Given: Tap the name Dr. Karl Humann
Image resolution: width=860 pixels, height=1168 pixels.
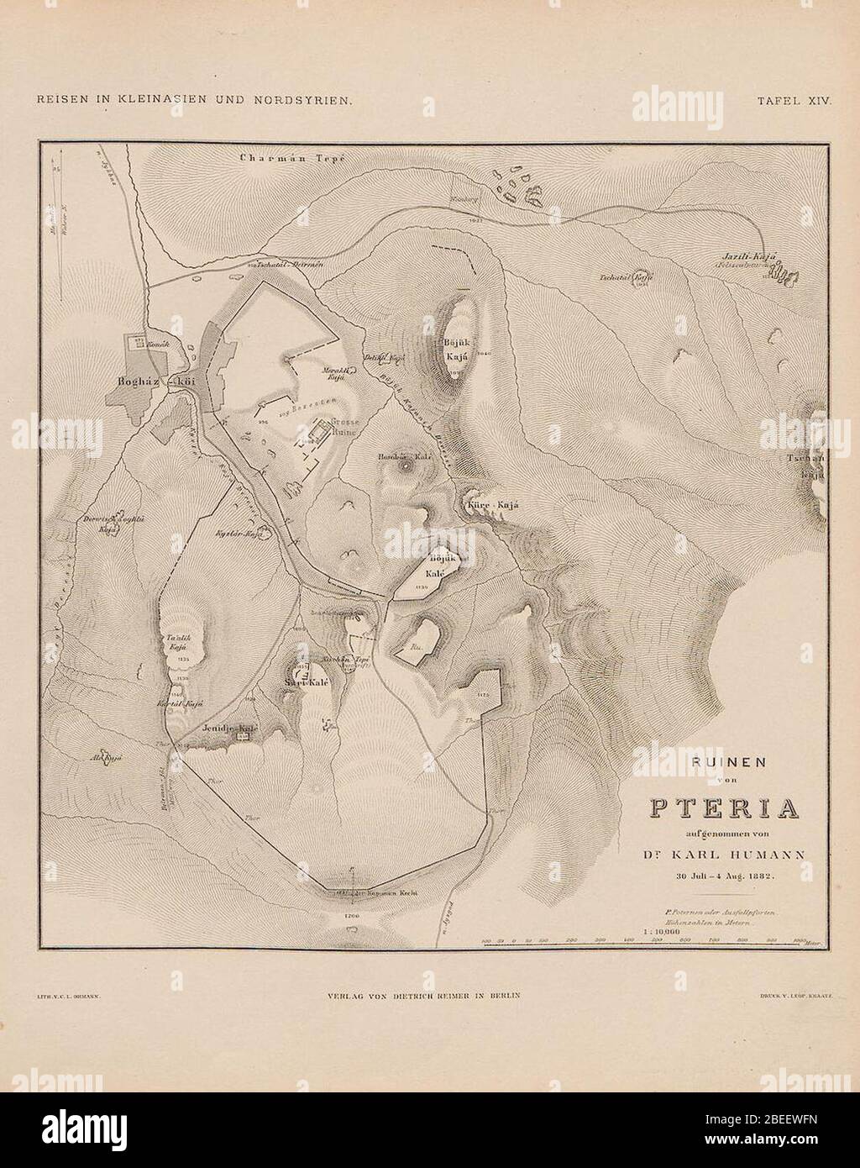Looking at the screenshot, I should [x=721, y=855].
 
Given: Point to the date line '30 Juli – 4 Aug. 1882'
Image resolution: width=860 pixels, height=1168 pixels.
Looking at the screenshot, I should [x=721, y=876].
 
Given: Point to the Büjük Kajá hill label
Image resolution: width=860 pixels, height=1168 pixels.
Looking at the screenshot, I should [x=456, y=350].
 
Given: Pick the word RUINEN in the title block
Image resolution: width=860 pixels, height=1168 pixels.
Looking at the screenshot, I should [x=721, y=765].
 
